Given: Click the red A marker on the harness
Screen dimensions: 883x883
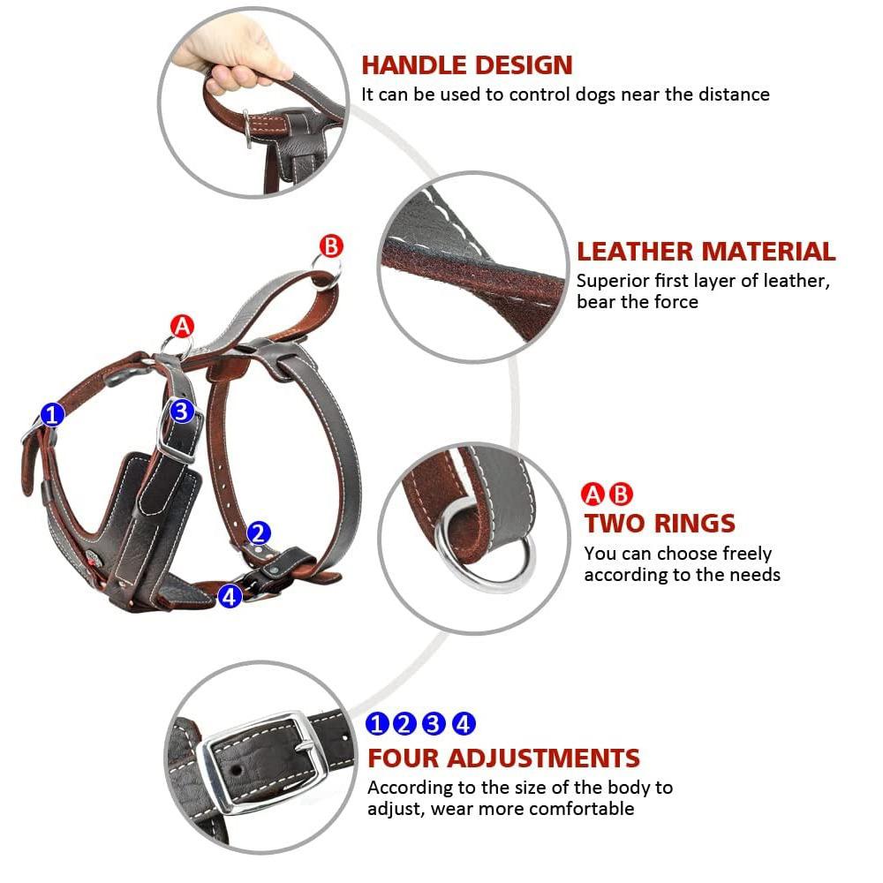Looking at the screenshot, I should [182, 326].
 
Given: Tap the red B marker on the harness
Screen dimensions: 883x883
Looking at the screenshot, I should [330, 246].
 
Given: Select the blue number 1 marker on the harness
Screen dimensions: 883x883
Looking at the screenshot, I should [53, 414].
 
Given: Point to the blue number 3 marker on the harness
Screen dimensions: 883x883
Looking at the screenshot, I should [181, 411].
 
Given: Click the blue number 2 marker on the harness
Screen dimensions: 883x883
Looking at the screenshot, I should [259, 532].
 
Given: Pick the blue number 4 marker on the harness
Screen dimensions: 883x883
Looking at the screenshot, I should [230, 596].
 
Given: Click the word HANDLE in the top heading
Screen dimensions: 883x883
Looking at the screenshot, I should [413, 65].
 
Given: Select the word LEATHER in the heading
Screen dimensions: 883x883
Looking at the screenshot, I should [632, 252].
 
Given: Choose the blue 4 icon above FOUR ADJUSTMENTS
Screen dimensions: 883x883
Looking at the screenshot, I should [464, 724].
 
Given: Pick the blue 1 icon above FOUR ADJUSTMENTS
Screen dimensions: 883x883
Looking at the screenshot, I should [377, 724].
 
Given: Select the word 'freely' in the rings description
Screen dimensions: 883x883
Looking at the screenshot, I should [746, 554].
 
